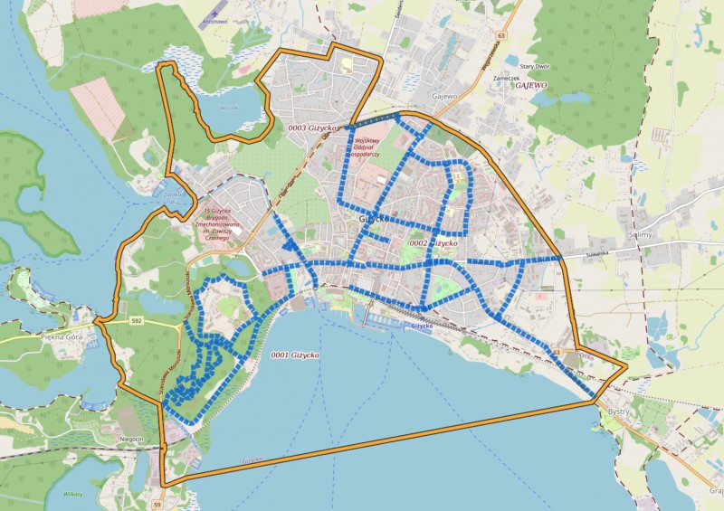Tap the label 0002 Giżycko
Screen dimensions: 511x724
[433, 243]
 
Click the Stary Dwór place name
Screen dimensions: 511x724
[533, 67]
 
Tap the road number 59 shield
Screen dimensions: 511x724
[157, 504]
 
